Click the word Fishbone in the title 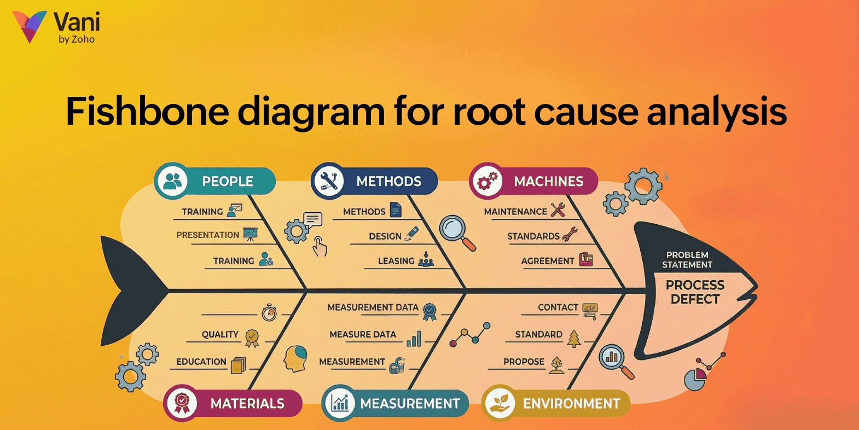tap(147, 112)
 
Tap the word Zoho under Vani tap(83, 39)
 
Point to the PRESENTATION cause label tap(207, 235)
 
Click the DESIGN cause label tap(385, 236)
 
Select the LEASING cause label tap(396, 261)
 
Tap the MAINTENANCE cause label tap(515, 212)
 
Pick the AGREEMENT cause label tap(547, 261)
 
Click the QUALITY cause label tap(220, 334)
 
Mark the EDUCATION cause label tap(201, 362)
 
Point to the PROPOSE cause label tap(524, 362)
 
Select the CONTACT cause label tap(558, 307)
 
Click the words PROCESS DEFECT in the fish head tap(695, 292)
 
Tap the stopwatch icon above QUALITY tap(269, 312)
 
